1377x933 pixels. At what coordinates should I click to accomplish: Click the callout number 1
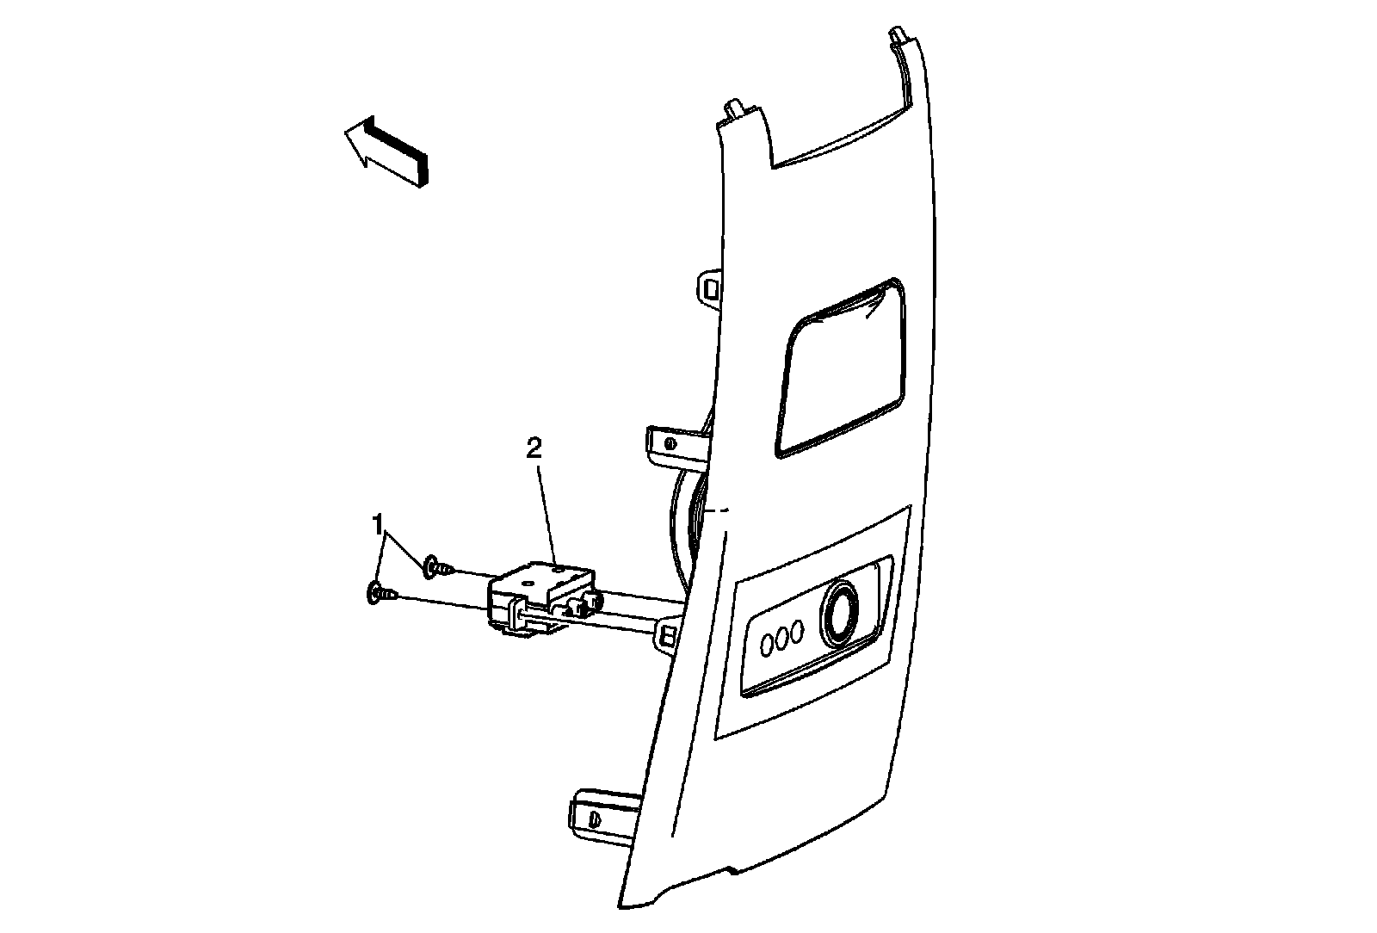[x=377, y=522]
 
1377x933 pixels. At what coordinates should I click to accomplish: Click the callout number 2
[x=534, y=448]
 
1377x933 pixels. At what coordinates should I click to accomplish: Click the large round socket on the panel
[x=839, y=614]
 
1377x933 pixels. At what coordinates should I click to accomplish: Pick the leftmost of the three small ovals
[x=766, y=642]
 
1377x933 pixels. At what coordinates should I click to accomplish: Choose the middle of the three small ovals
[x=782, y=638]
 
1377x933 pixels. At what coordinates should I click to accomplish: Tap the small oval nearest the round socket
[x=799, y=633]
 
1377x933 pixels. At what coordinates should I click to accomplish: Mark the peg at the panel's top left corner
[x=736, y=110]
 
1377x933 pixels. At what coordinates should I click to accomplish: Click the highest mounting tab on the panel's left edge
[x=709, y=286]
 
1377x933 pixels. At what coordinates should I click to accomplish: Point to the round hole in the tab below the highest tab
[x=670, y=443]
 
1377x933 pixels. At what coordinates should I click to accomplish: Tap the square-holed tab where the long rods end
[x=668, y=635]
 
